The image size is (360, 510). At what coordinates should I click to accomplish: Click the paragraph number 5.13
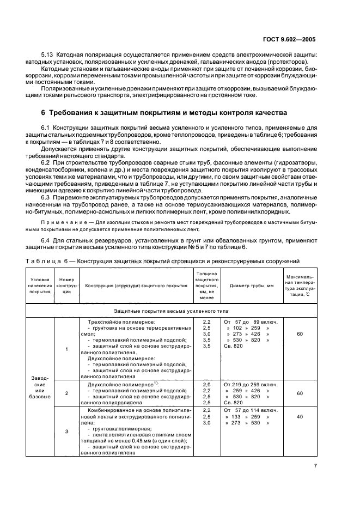(x=48, y=55)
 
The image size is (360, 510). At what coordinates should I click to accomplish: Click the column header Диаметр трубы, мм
(x=251, y=286)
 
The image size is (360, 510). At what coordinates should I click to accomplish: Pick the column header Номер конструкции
(x=66, y=286)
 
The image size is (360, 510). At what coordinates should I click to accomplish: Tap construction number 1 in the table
(x=66, y=349)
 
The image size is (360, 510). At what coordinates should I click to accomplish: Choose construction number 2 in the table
(x=66, y=392)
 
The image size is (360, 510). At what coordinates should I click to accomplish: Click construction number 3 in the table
(x=66, y=431)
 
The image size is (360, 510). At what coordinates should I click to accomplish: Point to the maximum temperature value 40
(x=300, y=416)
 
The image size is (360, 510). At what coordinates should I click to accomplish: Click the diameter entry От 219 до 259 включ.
(x=251, y=384)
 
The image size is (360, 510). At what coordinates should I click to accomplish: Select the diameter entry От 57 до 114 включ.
(x=250, y=409)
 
